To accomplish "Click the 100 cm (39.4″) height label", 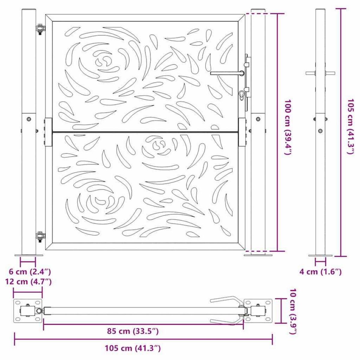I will click(287, 127).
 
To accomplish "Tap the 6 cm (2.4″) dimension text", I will click(30, 272).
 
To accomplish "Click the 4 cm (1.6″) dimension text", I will click(320, 272).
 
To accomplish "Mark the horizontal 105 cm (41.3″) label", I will click(133, 348).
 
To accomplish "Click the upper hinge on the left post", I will click(40, 29).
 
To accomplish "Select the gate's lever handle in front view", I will click(226, 73).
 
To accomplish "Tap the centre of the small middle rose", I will click(157, 145).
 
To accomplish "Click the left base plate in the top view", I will click(28, 311).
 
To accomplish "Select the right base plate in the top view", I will click(258, 311).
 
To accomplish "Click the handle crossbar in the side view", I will click(320, 73).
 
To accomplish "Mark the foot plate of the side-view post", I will click(320, 255).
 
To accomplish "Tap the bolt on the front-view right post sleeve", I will click(258, 119).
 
